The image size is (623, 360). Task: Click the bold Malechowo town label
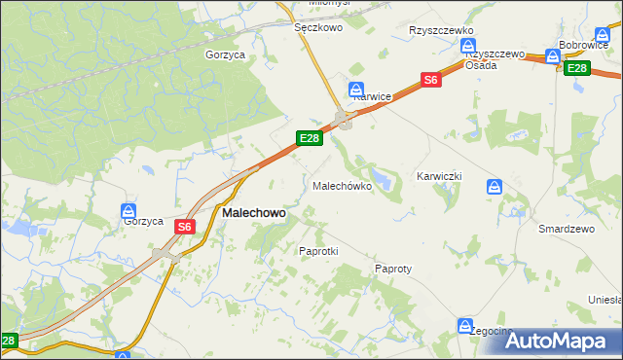254,212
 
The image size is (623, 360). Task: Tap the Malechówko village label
341,185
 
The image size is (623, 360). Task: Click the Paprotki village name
317,250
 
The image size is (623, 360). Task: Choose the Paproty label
393,268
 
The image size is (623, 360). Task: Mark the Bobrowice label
584,46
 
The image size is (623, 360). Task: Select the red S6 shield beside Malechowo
186,227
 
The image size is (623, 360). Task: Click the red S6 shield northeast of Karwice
432,81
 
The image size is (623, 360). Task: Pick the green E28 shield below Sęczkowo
310,138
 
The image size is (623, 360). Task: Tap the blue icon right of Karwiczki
495,187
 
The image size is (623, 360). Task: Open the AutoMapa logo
560,341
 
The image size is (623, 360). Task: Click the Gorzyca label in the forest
225,55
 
